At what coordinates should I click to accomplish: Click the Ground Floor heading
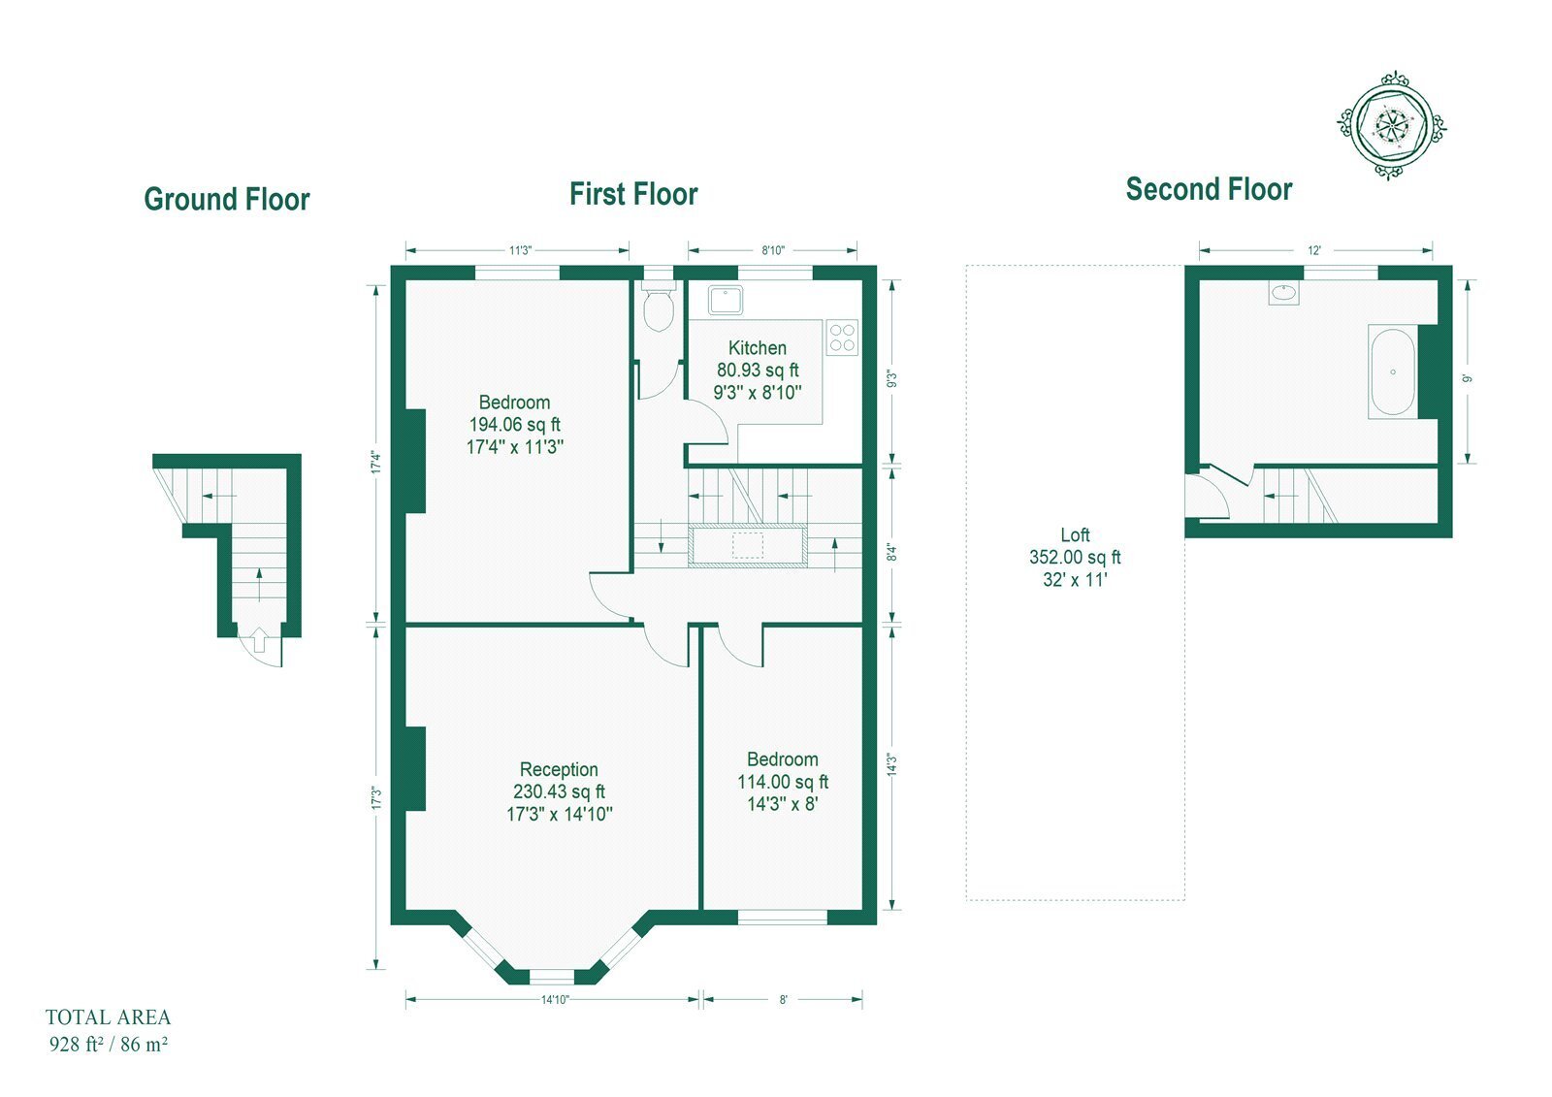227,200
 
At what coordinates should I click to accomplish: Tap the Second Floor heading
1209,189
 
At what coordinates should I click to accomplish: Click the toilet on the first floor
659,306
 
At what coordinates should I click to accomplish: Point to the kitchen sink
726,300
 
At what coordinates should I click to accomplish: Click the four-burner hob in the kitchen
842,338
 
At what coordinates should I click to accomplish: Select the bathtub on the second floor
1393,371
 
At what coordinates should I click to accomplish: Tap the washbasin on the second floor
1284,292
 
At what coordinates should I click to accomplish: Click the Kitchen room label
758,348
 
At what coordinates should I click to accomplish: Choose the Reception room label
559,769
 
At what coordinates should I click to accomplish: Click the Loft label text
1076,535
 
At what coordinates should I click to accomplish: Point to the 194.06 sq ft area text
515,424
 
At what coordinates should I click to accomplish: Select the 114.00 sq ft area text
783,782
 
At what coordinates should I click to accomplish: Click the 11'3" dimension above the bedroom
520,250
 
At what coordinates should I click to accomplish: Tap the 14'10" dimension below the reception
554,999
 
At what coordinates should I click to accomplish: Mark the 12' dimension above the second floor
1314,250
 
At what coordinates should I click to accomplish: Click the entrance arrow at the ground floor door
258,639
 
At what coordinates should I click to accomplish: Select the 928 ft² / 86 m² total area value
108,1044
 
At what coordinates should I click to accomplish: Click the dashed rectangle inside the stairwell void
748,545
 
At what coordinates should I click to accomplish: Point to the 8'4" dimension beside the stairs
892,552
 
